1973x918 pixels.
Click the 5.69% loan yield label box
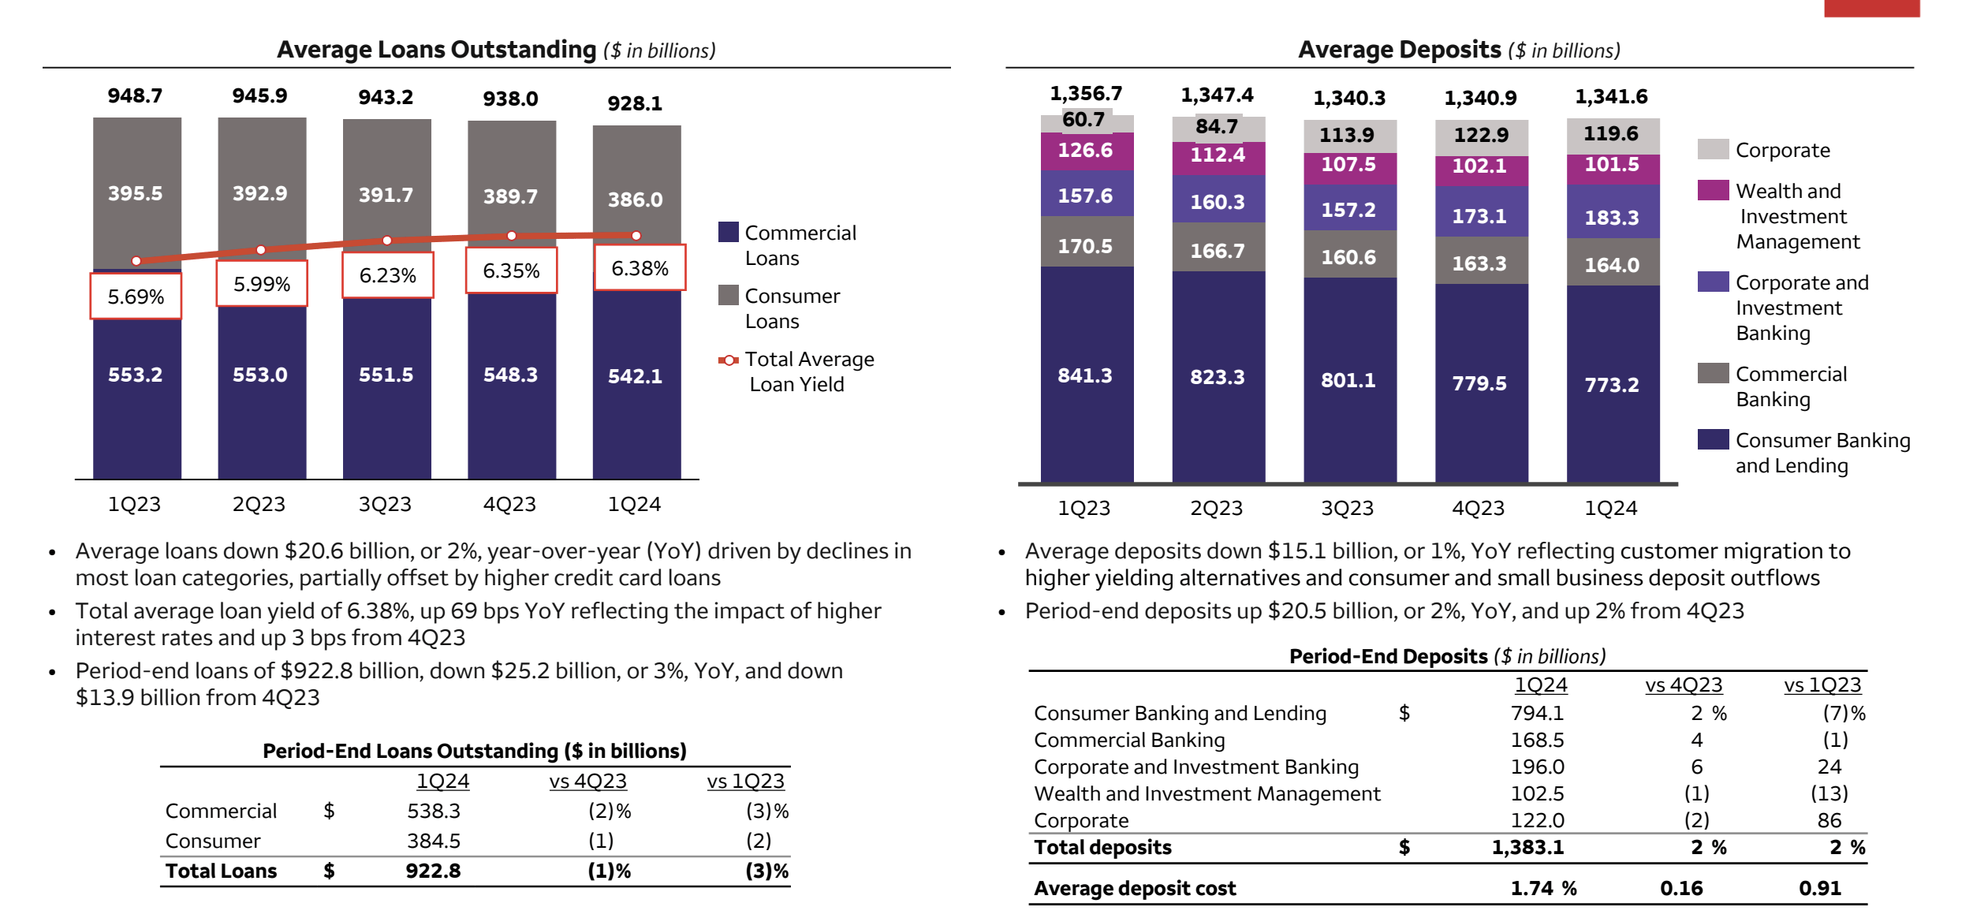[136, 297]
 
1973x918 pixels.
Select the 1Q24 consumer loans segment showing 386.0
[636, 199]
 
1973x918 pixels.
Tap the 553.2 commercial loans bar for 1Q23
[136, 375]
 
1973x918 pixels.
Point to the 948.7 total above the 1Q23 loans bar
[135, 95]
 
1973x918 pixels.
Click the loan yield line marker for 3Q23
[386, 240]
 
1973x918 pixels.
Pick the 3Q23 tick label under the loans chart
[385, 504]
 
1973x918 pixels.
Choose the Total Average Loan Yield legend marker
[729, 360]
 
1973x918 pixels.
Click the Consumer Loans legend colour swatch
[729, 295]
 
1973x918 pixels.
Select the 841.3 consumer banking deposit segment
[1085, 375]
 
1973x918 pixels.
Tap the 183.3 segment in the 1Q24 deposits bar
[1612, 217]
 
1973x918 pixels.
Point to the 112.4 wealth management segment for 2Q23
[1218, 155]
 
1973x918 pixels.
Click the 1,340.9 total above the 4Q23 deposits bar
[1480, 98]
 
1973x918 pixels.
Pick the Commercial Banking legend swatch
[1713, 373]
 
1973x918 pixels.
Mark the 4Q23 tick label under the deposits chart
[1479, 508]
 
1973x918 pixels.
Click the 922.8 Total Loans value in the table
[433, 871]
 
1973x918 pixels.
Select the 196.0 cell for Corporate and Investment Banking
[1537, 767]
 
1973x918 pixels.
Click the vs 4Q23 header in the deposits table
[1684, 685]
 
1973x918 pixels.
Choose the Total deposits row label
[1102, 847]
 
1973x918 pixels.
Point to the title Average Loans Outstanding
[436, 50]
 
